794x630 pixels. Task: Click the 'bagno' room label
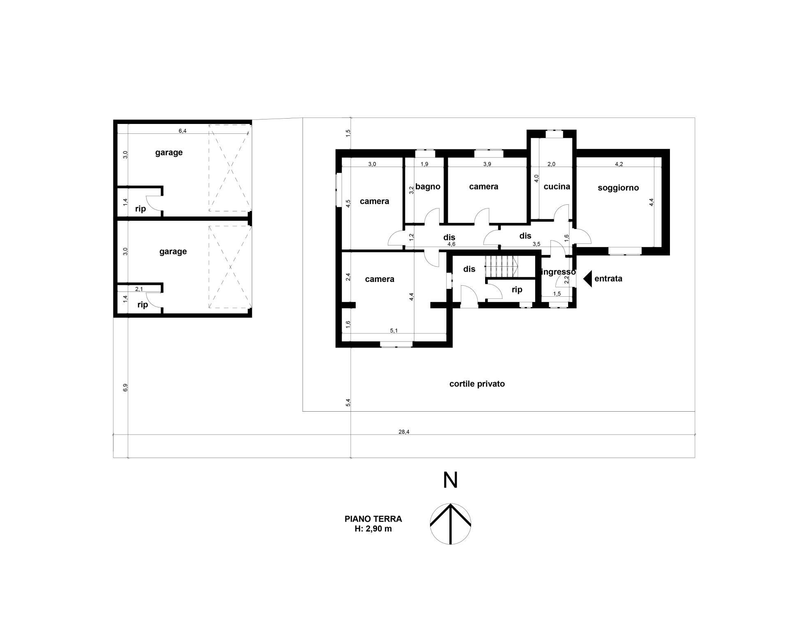point(428,187)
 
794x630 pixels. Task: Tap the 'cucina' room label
point(557,187)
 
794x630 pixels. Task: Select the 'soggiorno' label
point(618,188)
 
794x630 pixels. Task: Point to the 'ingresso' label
point(559,272)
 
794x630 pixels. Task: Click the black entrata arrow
point(587,279)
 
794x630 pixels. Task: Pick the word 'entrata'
point(608,279)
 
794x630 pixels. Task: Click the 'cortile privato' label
point(477,384)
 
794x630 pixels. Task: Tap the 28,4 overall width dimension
point(404,431)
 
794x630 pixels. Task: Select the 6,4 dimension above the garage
point(182,131)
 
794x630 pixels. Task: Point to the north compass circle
point(450,524)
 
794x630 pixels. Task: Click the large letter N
point(450,480)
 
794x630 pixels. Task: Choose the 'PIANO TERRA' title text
point(373,519)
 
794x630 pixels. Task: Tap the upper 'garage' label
point(169,153)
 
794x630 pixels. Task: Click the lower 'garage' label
point(173,252)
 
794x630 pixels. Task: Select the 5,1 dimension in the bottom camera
point(394,330)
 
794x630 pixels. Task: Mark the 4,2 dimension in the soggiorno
point(619,164)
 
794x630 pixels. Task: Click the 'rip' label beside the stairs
point(517,290)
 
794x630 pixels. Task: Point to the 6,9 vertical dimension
point(125,387)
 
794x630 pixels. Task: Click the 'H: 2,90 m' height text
point(373,529)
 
